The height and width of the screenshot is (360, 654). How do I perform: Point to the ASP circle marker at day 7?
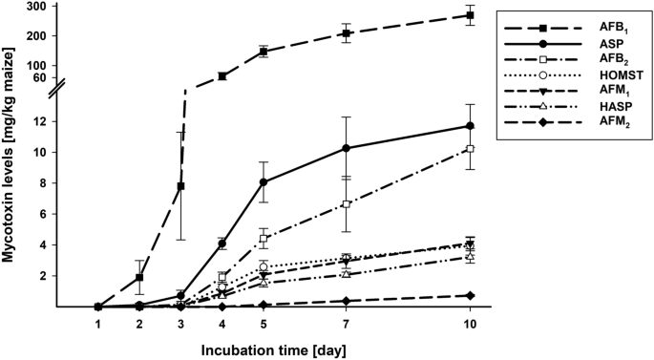click(x=346, y=148)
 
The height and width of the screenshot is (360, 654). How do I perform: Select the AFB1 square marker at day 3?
click(x=180, y=186)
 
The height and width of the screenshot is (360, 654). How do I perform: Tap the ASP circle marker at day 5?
click(x=264, y=182)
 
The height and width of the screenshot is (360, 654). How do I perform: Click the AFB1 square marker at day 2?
click(x=139, y=278)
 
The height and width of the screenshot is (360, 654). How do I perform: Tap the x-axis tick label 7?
click(x=346, y=325)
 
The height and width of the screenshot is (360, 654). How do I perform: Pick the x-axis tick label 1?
click(x=98, y=325)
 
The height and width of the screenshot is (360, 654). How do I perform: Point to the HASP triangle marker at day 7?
click(x=346, y=274)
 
